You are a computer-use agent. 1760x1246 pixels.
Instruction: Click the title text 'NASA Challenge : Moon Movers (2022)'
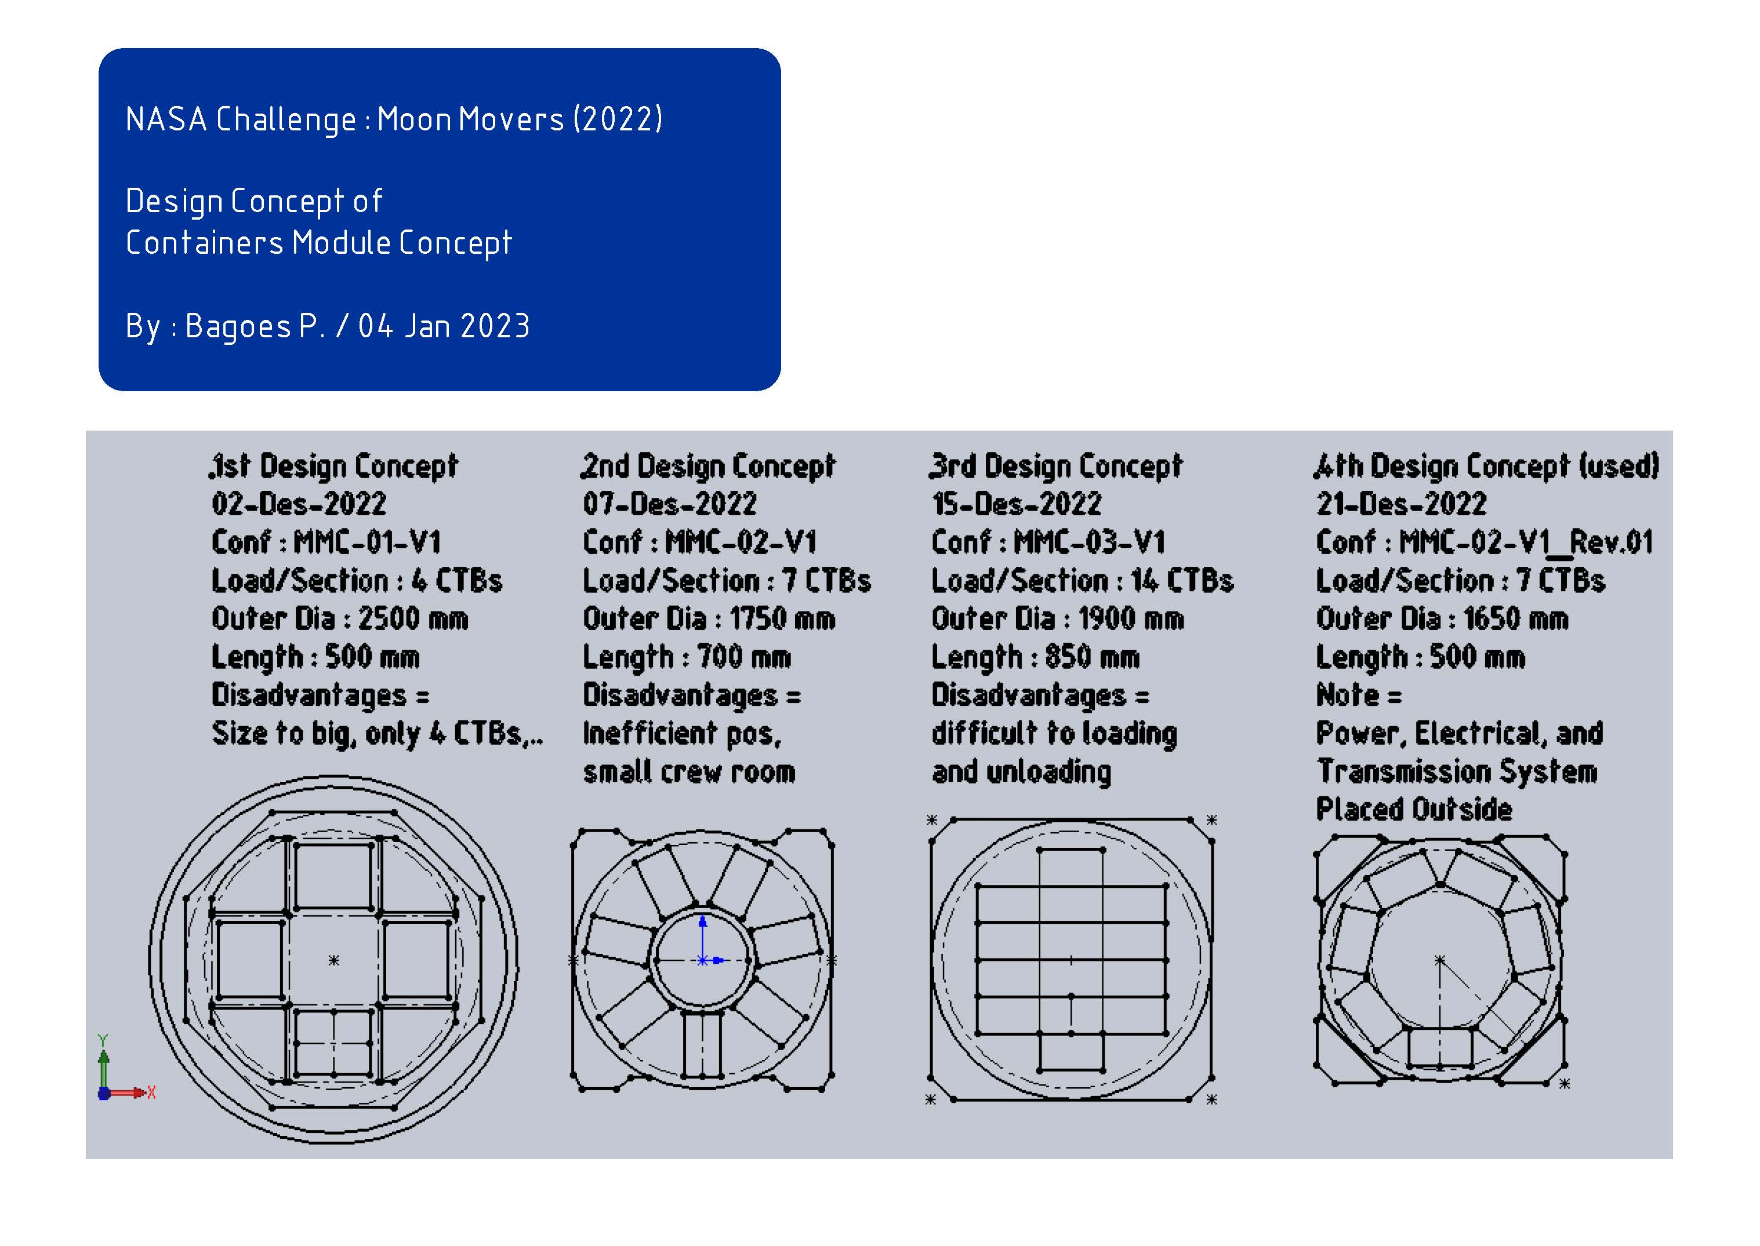coord(394,119)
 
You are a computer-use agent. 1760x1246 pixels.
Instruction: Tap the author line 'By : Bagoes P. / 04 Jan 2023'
coord(328,326)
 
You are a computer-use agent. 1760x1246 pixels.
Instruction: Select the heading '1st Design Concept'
coord(334,467)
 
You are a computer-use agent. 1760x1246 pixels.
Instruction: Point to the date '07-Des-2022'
coord(669,504)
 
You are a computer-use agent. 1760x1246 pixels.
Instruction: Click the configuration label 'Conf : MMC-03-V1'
coord(1048,542)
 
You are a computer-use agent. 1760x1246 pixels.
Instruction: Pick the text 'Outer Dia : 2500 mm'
coord(339,618)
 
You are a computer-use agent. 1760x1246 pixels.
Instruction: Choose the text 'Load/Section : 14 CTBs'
coord(1082,581)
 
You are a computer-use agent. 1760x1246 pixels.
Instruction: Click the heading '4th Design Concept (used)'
coord(1487,467)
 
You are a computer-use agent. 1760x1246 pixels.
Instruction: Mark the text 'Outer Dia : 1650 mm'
coord(1442,618)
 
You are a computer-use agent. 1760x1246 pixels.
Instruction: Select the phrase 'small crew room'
coord(688,772)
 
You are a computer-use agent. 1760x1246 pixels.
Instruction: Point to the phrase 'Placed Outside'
coord(1414,810)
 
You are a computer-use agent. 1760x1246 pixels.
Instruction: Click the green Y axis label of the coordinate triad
coord(103,1041)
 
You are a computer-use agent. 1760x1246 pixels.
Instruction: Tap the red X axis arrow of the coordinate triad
coord(126,1092)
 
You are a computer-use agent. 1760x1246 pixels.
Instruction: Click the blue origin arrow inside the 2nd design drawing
coord(702,938)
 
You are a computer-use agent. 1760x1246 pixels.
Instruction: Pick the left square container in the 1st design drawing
coord(250,959)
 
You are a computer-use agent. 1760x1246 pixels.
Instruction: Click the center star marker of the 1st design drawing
coord(333,960)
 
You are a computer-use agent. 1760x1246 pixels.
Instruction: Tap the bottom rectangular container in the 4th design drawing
coord(1440,1047)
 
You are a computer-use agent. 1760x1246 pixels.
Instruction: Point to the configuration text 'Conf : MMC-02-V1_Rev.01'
coord(1485,542)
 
